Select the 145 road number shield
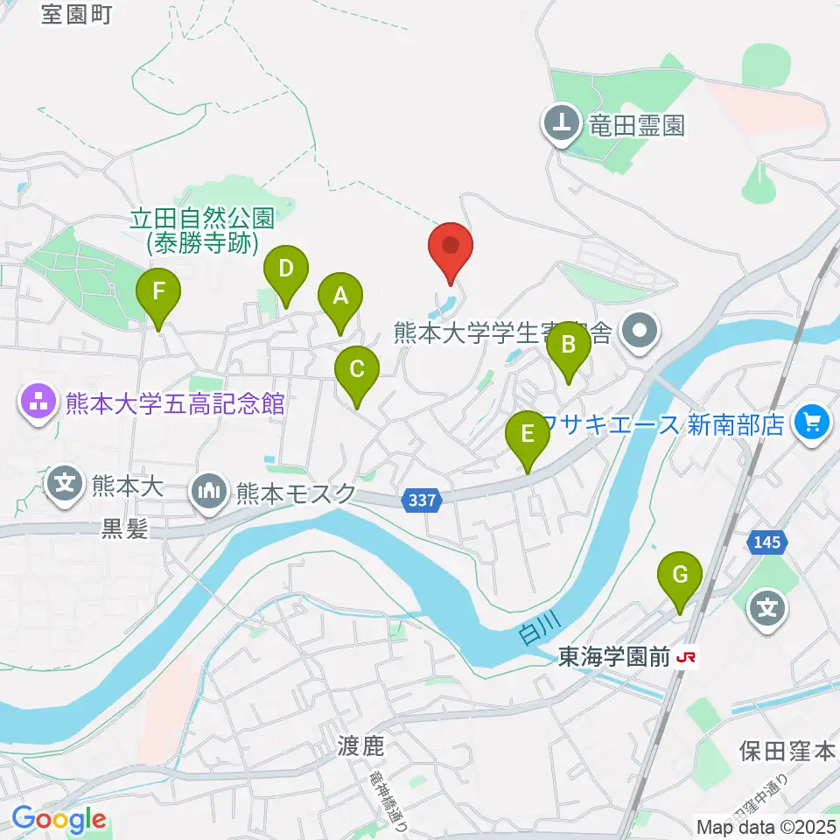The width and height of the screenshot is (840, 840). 766,543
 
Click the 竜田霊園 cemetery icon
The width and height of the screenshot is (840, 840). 561,125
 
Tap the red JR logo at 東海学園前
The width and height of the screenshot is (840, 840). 688,659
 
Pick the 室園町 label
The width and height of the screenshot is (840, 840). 77,15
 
